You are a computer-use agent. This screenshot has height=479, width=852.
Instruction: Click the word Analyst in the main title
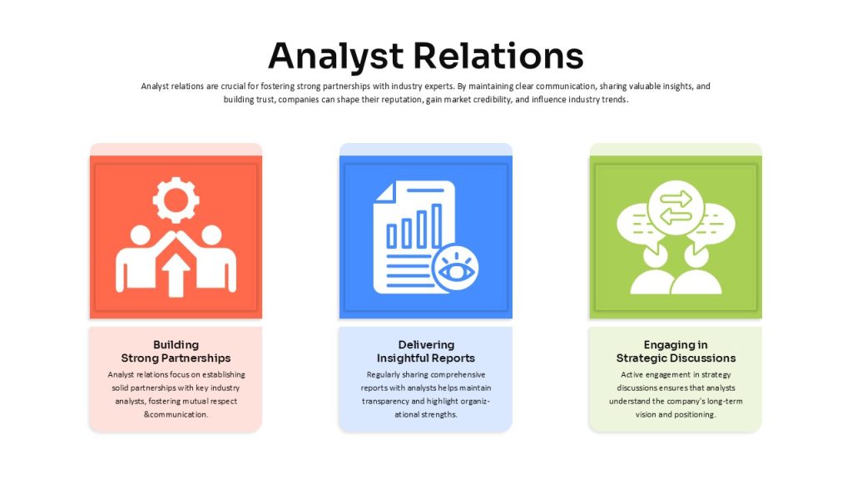tap(336, 57)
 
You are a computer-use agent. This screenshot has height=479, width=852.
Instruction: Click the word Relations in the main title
tap(498, 56)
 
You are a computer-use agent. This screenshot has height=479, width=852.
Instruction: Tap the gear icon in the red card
tap(176, 200)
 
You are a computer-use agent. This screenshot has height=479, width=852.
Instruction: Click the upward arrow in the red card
tap(176, 275)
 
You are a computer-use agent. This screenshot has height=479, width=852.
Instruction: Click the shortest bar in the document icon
tap(392, 236)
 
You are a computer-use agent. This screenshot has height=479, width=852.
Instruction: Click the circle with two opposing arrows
tap(676, 208)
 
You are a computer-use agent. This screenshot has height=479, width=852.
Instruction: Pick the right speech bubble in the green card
tap(713, 225)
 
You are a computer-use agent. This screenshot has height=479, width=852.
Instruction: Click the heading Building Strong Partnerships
tap(176, 352)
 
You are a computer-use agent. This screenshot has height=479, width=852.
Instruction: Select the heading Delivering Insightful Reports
tap(426, 352)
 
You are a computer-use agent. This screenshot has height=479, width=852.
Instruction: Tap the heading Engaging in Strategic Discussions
tap(676, 352)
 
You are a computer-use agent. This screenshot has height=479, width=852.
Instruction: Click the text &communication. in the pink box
tap(176, 414)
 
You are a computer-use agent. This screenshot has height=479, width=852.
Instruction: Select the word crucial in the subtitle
tap(233, 86)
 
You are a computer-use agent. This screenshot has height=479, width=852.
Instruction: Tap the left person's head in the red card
tap(140, 235)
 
